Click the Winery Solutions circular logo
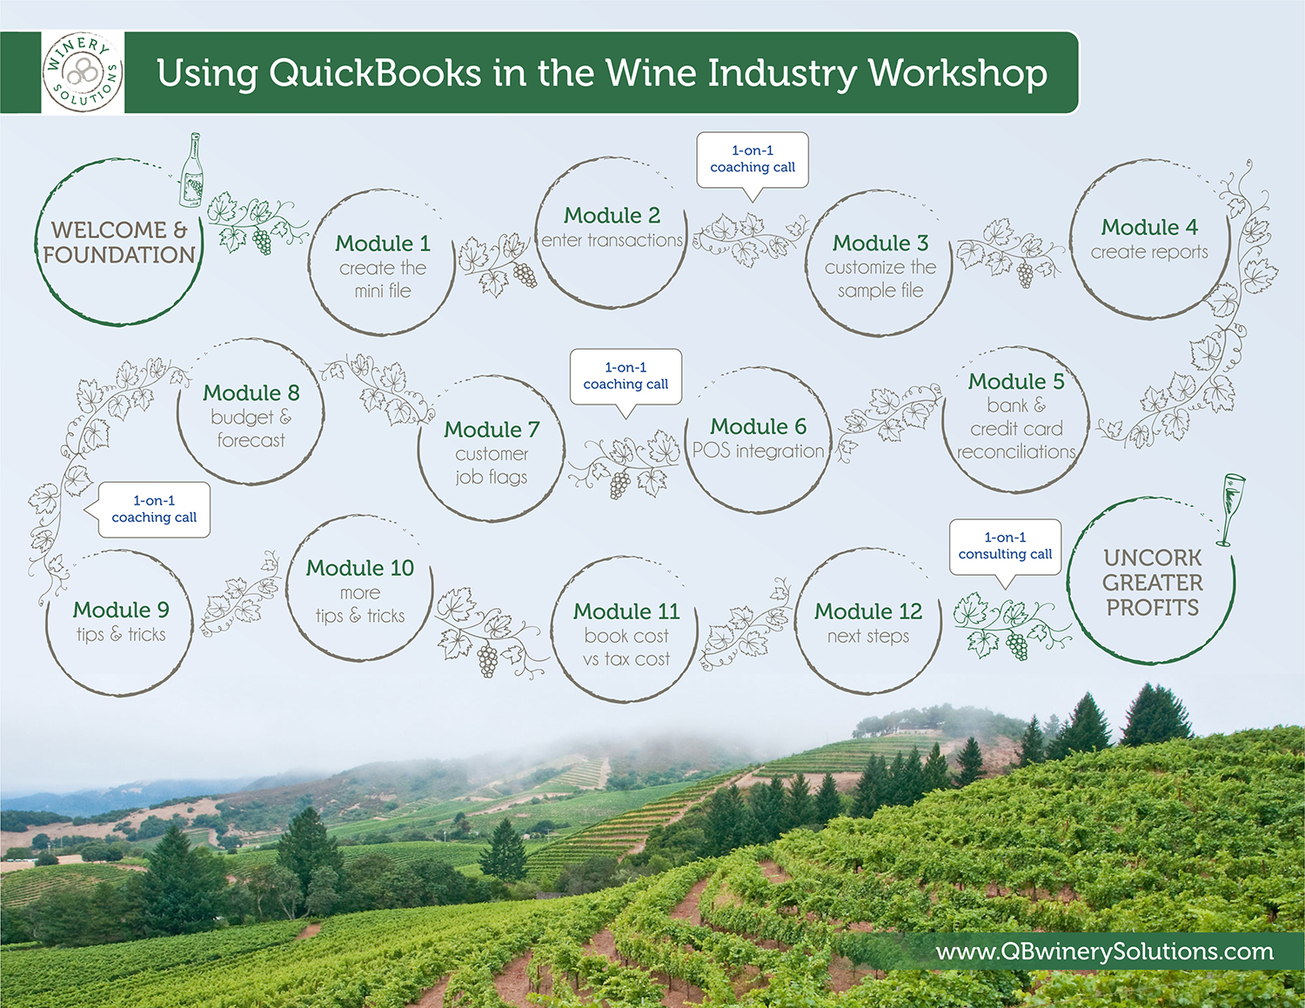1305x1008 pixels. click(x=83, y=72)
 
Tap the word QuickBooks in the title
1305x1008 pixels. click(x=375, y=73)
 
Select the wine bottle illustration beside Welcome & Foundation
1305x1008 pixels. click(x=191, y=170)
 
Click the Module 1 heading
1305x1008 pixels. click(x=383, y=244)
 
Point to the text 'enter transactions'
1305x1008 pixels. click(x=612, y=240)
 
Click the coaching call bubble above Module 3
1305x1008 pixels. click(x=753, y=160)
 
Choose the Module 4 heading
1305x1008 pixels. click(x=1149, y=227)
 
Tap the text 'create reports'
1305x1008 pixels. click(x=1149, y=252)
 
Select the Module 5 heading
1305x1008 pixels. click(x=1015, y=381)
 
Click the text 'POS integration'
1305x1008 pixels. click(x=758, y=451)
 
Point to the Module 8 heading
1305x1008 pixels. click(x=251, y=392)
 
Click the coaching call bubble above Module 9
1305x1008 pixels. click(x=154, y=509)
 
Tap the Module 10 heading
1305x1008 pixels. click(x=359, y=568)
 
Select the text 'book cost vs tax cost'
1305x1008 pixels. click(x=626, y=647)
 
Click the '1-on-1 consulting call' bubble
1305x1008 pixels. click(x=1005, y=547)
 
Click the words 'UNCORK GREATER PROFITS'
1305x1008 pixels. click(x=1153, y=583)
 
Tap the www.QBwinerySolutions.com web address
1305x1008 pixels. click(x=1104, y=951)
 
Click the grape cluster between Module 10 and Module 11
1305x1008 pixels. click(x=487, y=660)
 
